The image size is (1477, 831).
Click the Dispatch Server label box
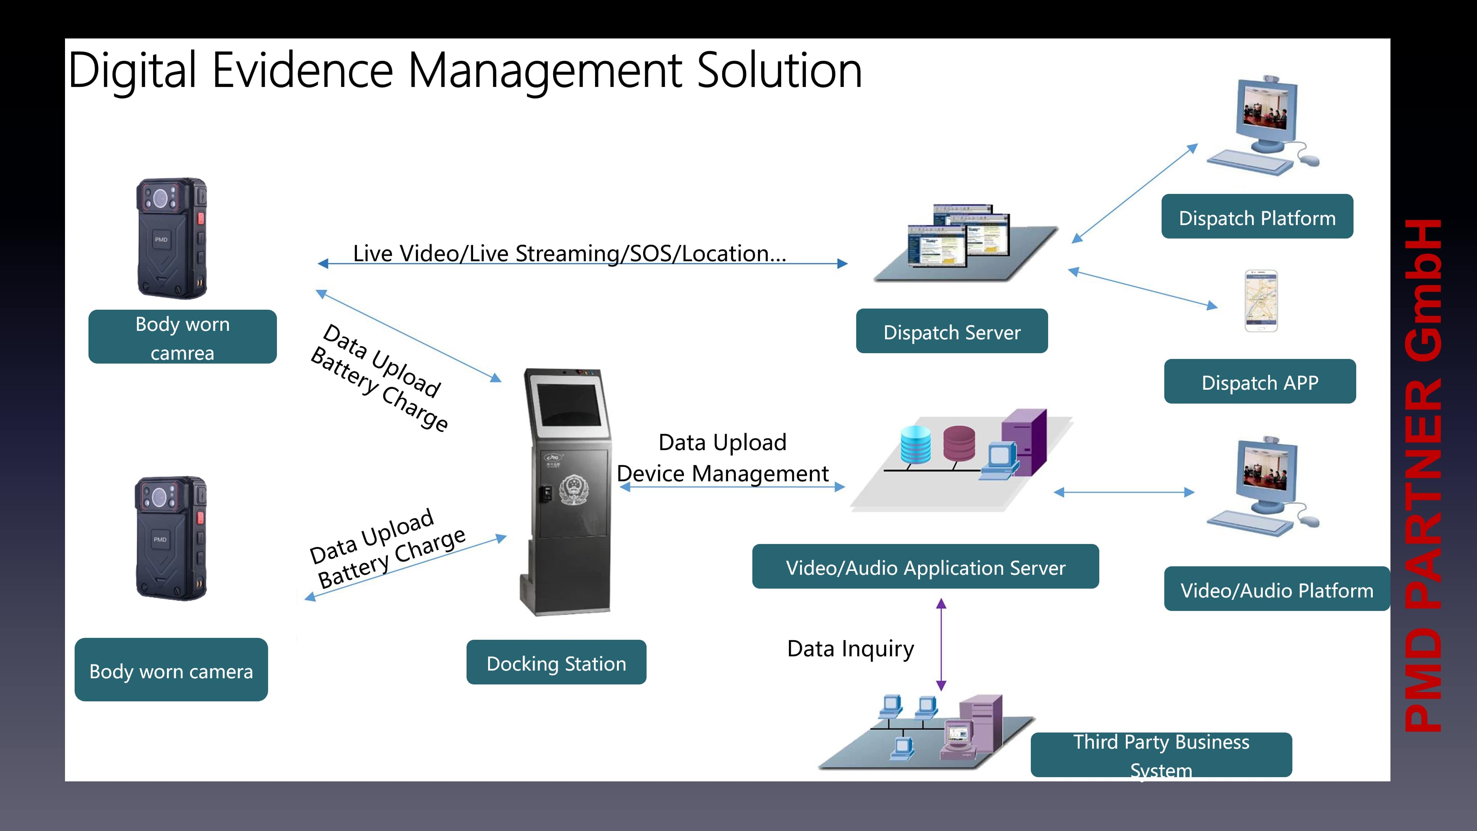point(952,331)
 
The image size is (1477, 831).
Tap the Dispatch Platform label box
point(1257,216)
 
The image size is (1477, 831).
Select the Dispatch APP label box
point(1260,381)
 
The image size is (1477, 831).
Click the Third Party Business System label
point(1161,755)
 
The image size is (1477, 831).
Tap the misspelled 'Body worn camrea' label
point(182,337)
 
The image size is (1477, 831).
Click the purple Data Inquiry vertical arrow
point(941,644)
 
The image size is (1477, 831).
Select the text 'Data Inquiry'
point(850,649)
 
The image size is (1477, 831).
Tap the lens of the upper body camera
point(160,199)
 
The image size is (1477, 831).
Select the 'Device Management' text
point(722,473)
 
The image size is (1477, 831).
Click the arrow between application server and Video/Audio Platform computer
point(1124,492)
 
